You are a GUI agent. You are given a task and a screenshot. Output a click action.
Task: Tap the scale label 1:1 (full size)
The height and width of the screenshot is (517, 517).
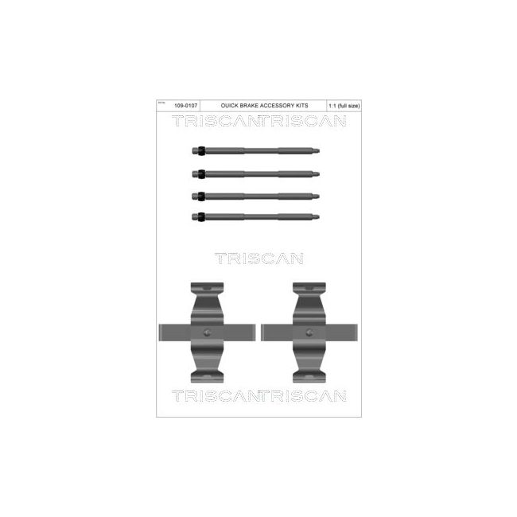point(342,105)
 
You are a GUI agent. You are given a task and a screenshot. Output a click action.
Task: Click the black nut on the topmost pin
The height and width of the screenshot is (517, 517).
point(203,150)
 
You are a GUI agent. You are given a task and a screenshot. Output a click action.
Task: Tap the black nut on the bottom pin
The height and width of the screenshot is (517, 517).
point(203,216)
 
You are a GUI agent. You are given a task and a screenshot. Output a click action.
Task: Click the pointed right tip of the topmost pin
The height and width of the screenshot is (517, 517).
point(319,150)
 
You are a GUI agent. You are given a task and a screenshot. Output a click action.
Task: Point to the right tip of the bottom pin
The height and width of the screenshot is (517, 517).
point(319,216)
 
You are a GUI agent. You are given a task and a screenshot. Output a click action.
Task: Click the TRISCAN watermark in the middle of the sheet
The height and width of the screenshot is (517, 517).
point(258,257)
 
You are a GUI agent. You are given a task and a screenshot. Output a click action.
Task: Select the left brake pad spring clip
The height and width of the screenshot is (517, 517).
point(208,331)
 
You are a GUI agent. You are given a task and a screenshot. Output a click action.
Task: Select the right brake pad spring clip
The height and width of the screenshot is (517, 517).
point(309,331)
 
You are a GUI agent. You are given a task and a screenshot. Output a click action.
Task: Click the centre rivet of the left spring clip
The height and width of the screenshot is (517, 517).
point(208,332)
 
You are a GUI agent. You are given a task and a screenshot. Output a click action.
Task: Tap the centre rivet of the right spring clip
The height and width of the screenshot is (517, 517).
point(309,332)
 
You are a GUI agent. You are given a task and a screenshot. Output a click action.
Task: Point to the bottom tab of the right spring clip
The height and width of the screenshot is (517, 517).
point(309,375)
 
